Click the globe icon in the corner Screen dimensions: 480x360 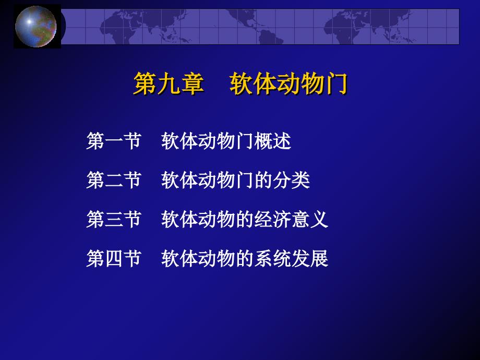click(36, 26)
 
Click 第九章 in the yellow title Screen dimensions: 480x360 click(169, 83)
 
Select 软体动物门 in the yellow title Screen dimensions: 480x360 click(289, 83)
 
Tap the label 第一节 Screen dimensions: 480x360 click(114, 141)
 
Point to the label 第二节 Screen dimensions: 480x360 click(114, 180)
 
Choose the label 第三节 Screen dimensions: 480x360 click(114, 219)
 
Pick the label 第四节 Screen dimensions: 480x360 click(114, 258)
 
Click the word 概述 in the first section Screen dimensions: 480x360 click(272, 141)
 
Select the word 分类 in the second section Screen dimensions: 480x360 click(291, 180)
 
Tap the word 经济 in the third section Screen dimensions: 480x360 click(272, 219)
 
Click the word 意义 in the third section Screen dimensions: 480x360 click(310, 219)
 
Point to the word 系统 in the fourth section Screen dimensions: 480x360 click(272, 258)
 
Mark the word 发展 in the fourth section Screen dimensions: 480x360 click(310, 258)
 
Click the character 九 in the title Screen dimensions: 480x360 click(169, 83)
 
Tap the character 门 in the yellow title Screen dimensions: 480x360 click(337, 83)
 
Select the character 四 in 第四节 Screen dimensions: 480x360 click(114, 259)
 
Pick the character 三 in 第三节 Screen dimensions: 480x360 click(114, 220)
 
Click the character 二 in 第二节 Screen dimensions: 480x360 click(114, 181)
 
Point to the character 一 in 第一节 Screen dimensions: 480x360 click(114, 141)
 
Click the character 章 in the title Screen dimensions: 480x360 click(193, 83)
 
